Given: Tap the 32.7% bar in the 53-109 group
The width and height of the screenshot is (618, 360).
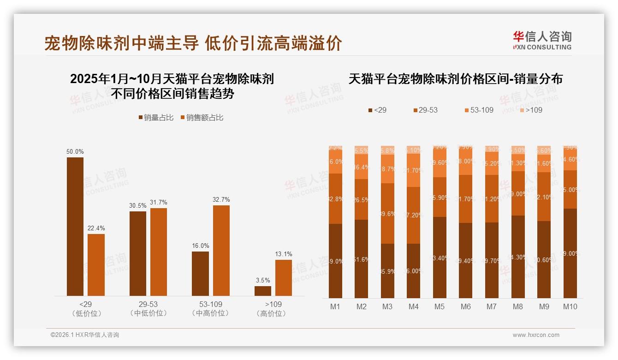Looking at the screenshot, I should click(221, 250).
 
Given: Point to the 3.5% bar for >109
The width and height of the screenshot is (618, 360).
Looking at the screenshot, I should click(263, 291).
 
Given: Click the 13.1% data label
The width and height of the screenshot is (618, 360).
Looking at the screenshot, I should click(284, 254).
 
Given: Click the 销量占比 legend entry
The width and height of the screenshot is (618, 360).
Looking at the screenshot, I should click(156, 118).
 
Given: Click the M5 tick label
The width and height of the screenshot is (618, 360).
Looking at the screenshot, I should click(439, 306).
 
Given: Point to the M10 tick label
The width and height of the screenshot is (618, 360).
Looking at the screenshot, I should click(570, 306).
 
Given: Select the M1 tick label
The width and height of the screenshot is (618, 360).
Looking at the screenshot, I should click(335, 306).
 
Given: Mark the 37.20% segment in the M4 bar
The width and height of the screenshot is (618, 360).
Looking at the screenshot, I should click(413, 215).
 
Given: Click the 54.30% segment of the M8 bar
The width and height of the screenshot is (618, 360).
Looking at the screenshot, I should click(518, 257).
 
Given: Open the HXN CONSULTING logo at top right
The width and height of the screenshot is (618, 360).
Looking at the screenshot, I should click(542, 40).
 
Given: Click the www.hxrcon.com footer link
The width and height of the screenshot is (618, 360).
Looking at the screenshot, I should click(536, 335).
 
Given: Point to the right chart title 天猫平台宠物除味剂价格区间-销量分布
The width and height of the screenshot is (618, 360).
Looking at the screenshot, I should click(455, 79).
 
